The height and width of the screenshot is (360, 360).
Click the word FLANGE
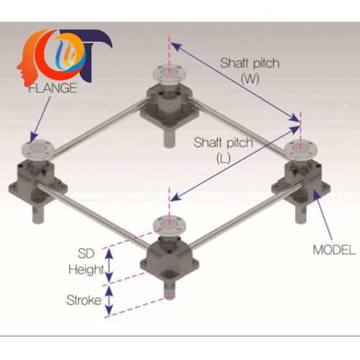[53, 88]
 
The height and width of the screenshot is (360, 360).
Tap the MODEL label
[334, 250]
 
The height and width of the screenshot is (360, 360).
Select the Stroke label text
[84, 300]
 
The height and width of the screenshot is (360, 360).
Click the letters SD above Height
[86, 253]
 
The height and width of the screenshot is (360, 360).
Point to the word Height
[86, 270]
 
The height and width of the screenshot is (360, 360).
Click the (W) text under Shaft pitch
[250, 78]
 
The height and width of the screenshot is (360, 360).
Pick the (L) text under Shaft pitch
[223, 158]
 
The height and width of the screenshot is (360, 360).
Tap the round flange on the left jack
[38, 150]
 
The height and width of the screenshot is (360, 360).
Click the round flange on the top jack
[169, 73]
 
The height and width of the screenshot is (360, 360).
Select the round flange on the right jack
[301, 149]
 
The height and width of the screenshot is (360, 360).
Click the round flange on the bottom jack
[169, 225]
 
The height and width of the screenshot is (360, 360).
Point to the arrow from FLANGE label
[40, 119]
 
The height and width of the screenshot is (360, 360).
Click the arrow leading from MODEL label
[323, 215]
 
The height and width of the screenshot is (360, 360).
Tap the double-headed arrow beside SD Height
[109, 266]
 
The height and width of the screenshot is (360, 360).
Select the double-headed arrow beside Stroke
[109, 301]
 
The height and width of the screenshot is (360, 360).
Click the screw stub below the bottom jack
[169, 290]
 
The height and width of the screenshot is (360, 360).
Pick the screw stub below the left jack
[38, 214]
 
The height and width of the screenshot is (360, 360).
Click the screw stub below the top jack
[169, 138]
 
